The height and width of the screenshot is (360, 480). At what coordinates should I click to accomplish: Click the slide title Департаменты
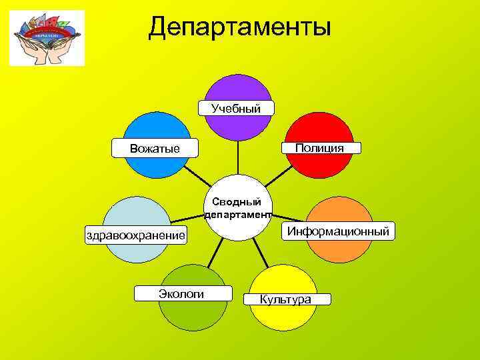click(x=240, y=27)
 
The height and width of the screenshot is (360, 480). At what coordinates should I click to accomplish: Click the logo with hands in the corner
click(x=47, y=38)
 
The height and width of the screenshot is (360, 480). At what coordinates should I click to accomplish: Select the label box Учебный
click(x=236, y=108)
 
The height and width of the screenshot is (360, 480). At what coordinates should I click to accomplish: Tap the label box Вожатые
click(x=155, y=148)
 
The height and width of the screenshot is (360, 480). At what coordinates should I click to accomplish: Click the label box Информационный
click(x=338, y=231)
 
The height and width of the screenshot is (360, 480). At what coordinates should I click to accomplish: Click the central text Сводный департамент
click(x=238, y=207)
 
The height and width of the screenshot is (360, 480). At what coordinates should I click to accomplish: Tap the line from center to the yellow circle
click(x=263, y=251)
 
